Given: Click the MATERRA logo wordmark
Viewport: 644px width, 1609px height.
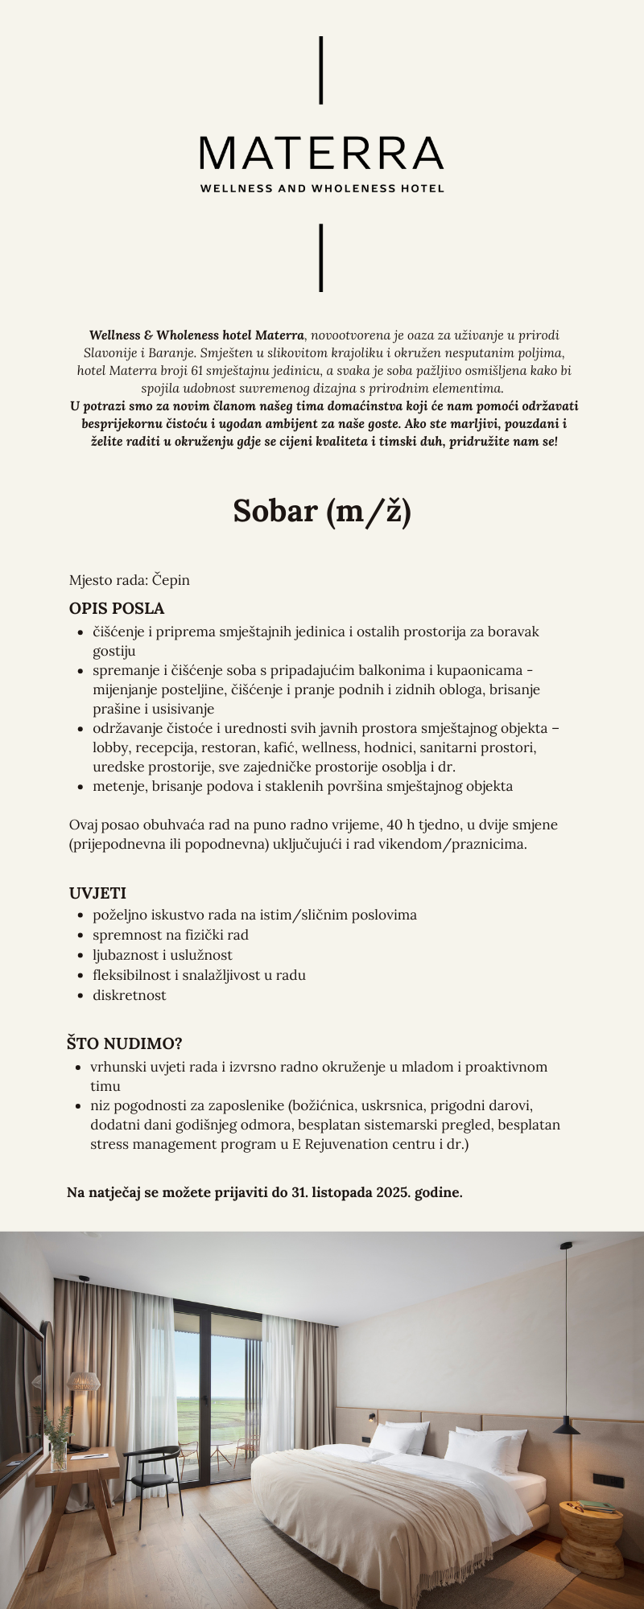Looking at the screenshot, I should (321, 153).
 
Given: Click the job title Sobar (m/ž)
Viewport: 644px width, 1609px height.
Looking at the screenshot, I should (322, 512).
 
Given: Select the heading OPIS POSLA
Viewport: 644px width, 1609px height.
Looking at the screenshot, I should (117, 608).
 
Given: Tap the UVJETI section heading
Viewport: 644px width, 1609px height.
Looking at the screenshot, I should (97, 893).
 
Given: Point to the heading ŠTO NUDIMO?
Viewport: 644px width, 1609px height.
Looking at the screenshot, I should (124, 1043).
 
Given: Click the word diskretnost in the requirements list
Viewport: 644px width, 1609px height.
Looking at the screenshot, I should (129, 995).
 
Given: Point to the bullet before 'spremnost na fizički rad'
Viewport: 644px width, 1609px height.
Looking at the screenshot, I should (80, 935).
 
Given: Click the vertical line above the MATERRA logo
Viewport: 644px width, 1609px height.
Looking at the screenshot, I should (321, 70).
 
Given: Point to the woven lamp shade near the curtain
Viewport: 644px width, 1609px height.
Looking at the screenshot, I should (82, 1383).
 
